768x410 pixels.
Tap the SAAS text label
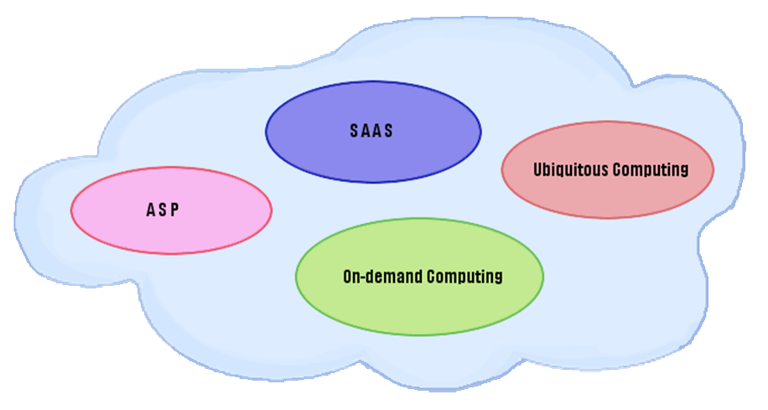tap(371, 132)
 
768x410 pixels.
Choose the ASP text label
tap(163, 210)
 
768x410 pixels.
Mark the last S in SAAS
tap(389, 132)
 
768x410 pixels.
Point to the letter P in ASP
tap(174, 210)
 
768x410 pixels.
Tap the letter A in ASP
tap(150, 210)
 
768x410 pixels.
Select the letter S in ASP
tap(163, 210)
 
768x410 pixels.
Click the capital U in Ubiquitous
tap(538, 169)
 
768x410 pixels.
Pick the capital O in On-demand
tap(348, 276)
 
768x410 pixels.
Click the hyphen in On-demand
tap(367, 277)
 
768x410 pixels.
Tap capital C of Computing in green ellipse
tap(432, 276)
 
